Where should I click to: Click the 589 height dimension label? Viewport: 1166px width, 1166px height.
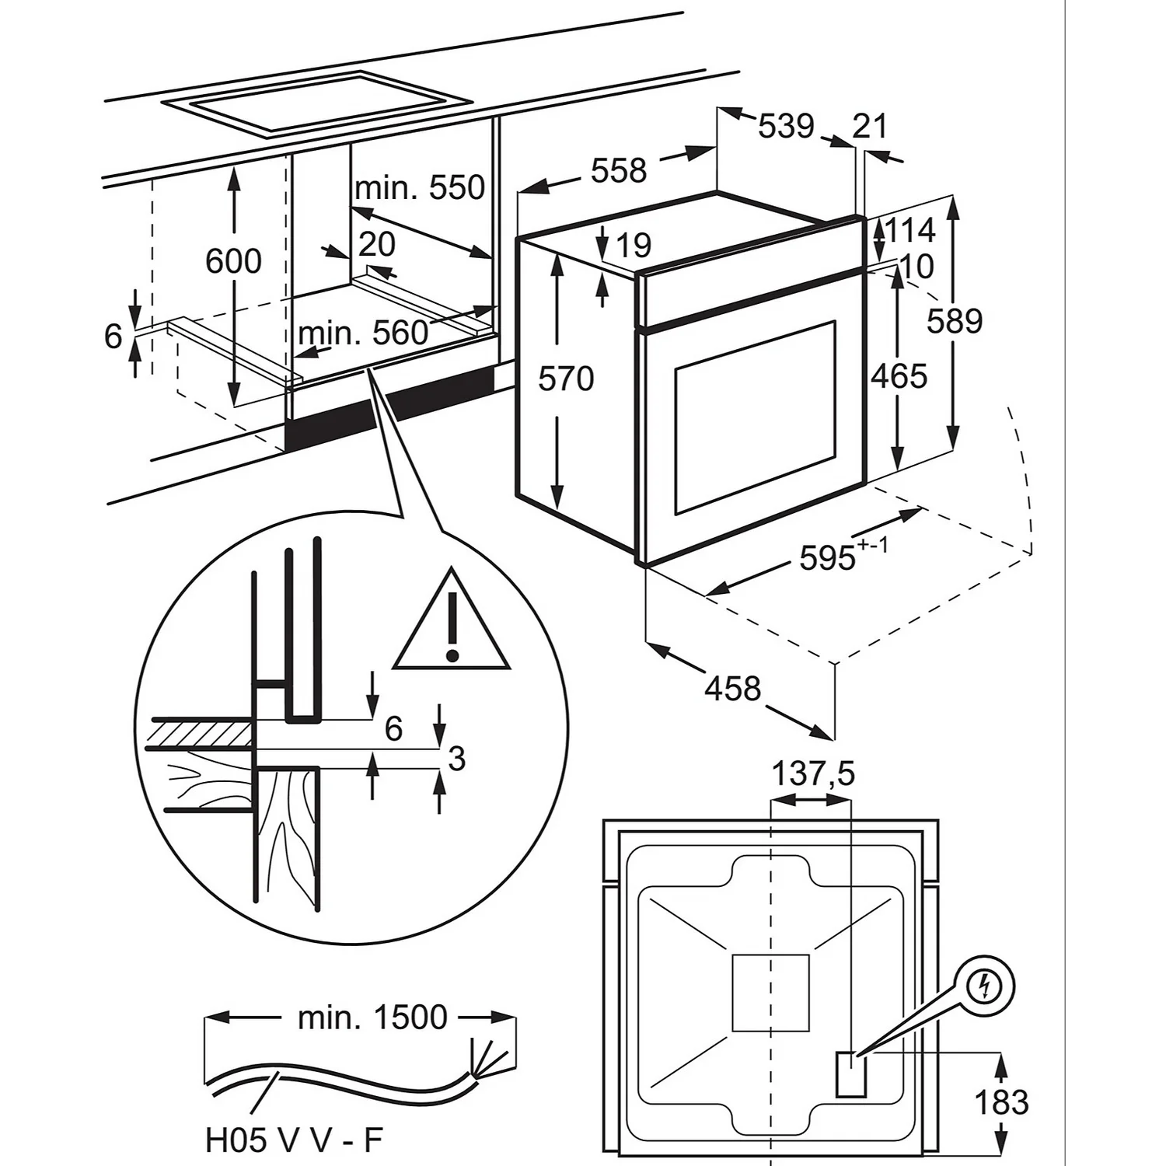954,321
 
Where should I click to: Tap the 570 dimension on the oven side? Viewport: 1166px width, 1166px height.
566,379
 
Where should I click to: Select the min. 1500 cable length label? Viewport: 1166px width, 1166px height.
372,1017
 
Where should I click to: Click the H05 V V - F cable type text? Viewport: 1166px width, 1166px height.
294,1140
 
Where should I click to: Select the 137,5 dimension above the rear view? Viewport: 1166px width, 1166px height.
812,773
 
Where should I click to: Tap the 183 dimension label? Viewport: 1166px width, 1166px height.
1001,1102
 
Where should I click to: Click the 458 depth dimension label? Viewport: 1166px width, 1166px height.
733,688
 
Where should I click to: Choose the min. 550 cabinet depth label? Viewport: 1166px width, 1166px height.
420,187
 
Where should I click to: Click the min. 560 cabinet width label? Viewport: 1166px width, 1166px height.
363,333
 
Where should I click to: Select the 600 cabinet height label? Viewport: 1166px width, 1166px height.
233,261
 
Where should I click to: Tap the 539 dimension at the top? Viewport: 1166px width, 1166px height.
786,126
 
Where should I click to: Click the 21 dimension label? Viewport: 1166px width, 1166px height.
869,126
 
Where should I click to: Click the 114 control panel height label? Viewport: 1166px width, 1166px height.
910,230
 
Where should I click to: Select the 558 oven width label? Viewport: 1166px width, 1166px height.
618,170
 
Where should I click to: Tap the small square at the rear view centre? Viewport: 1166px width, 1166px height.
770,993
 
